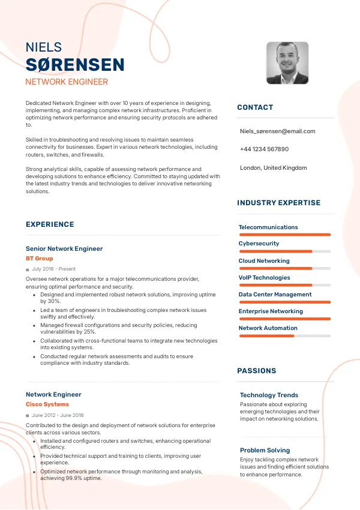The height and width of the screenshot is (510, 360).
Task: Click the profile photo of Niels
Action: (287, 62)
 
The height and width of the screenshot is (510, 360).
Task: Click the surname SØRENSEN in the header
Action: (75, 65)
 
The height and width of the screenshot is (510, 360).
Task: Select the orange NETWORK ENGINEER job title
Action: (67, 82)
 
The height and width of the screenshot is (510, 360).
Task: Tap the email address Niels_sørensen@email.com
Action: (277, 131)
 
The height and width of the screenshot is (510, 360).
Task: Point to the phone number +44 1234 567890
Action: (264, 149)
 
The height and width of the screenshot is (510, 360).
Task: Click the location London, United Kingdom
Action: (273, 168)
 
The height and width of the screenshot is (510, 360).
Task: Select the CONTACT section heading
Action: (255, 107)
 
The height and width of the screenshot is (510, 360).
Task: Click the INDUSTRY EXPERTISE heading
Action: (279, 203)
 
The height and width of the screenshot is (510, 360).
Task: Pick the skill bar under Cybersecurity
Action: (284, 251)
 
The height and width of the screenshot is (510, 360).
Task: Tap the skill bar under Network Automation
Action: (284, 335)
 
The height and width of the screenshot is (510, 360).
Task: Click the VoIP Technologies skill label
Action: (264, 278)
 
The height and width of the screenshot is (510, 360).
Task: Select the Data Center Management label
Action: (275, 295)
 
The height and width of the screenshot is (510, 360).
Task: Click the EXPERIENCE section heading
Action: (50, 224)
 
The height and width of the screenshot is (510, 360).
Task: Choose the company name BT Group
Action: (39, 259)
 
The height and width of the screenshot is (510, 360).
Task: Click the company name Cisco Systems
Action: (47, 404)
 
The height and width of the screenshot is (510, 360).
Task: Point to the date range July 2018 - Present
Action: (53, 269)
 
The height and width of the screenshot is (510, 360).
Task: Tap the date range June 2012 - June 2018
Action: (58, 415)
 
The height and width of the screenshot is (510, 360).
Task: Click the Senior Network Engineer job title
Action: (64, 248)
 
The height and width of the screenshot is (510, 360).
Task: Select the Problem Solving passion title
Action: (265, 450)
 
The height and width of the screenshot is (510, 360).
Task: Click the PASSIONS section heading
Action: (257, 371)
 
